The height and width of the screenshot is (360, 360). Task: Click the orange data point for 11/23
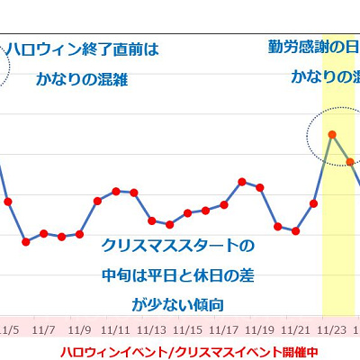332,134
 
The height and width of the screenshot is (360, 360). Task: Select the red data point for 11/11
116,191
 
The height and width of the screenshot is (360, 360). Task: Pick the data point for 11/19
260,187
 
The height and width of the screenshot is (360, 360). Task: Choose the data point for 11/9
80,234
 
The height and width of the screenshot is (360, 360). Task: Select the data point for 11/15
188,213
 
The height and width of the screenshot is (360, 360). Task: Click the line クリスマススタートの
177,245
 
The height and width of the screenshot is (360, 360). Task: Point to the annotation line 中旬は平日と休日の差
177,274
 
